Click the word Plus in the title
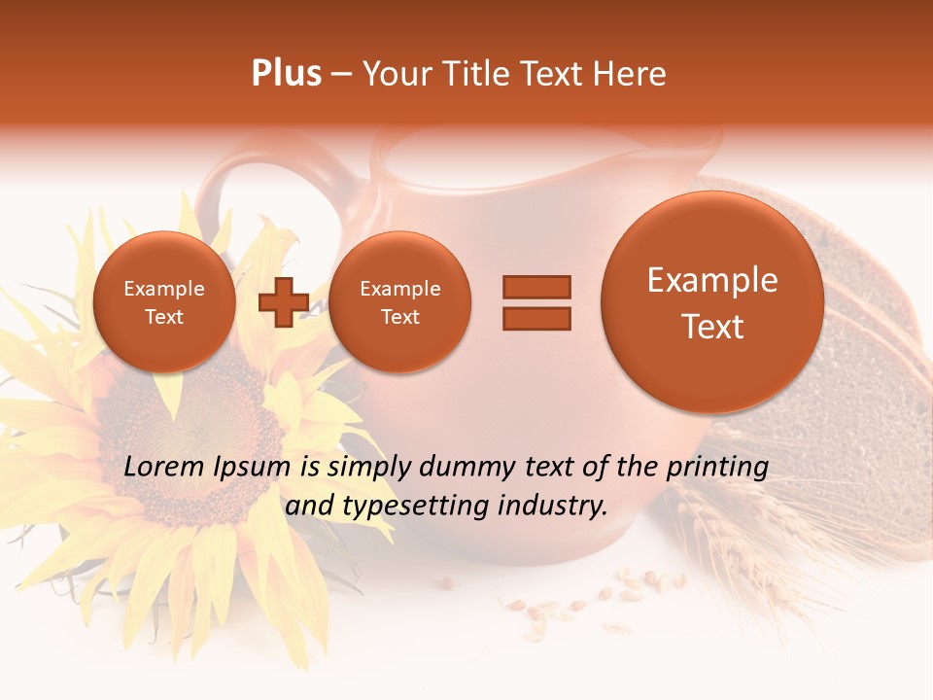pyautogui.click(x=286, y=74)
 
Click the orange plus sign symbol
pyautogui.click(x=283, y=302)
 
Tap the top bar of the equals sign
pyautogui.click(x=536, y=287)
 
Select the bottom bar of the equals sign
pyautogui.click(x=536, y=319)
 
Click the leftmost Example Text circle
pyautogui.click(x=163, y=302)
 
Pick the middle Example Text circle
pyautogui.click(x=399, y=302)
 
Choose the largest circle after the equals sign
pyautogui.click(x=712, y=302)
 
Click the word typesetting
pyautogui.click(x=407, y=507)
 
